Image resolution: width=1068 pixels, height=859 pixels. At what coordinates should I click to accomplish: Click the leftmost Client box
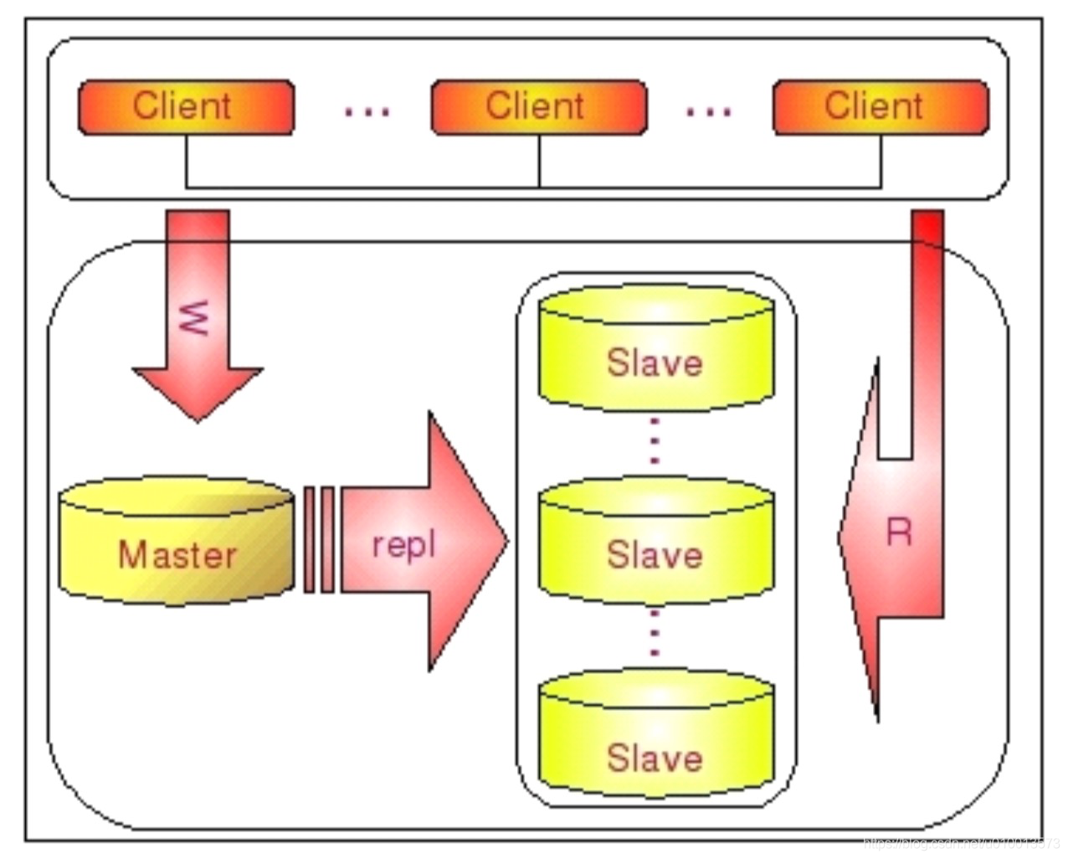(x=186, y=107)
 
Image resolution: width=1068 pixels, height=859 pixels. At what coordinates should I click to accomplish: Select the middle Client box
(x=538, y=107)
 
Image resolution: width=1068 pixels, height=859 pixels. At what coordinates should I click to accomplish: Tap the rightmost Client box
(x=880, y=107)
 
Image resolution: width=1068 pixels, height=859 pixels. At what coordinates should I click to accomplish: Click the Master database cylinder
(x=176, y=543)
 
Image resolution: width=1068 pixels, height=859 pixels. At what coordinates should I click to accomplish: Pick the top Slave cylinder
(x=655, y=352)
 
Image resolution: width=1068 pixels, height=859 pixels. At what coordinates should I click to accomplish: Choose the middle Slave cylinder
(x=655, y=544)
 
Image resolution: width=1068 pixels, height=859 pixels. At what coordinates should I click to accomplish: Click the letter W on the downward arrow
(x=195, y=319)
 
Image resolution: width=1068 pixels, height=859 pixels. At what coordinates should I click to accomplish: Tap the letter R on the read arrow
(x=899, y=532)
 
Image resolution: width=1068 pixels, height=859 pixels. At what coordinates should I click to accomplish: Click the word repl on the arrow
(x=403, y=544)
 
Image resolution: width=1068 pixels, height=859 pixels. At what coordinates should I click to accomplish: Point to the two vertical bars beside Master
(x=319, y=540)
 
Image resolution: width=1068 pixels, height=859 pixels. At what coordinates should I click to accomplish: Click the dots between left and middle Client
(x=367, y=110)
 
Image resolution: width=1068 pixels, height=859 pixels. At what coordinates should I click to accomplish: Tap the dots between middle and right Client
(x=708, y=110)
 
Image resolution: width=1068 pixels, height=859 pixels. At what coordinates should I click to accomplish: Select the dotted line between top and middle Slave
(x=655, y=441)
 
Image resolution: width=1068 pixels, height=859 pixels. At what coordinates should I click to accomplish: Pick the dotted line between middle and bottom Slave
(x=655, y=633)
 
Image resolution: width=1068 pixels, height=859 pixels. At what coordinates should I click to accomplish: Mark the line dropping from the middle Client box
(x=539, y=161)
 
